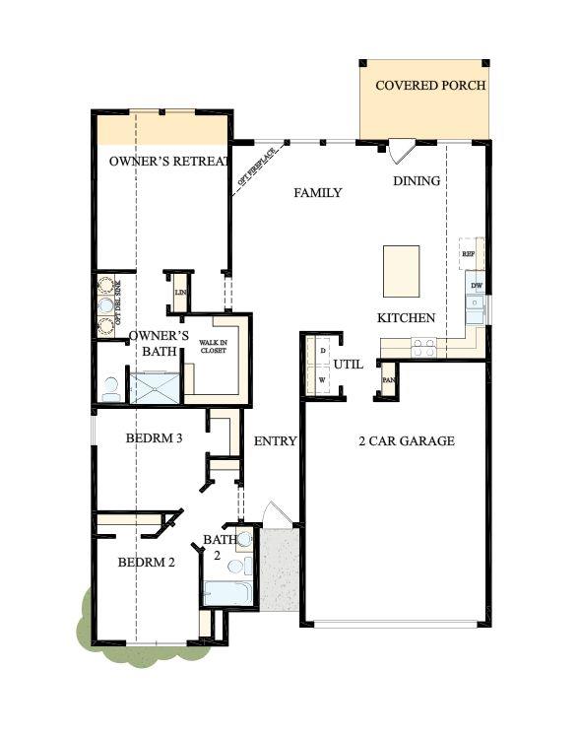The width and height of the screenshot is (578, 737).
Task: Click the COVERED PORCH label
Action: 430,86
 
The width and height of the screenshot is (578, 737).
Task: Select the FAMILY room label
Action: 318,193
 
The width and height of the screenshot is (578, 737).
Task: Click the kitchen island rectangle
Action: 401,270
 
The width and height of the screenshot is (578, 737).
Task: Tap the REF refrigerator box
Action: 469,253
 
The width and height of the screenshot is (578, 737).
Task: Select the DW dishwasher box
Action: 476,286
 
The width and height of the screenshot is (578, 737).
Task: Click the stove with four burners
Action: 423,347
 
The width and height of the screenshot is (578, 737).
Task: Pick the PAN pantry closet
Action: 388,379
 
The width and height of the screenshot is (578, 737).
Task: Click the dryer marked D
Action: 322,350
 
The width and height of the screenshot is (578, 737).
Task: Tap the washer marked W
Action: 322,379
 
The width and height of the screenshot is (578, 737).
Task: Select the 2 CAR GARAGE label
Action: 406,441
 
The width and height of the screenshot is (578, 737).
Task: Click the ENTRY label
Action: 275,441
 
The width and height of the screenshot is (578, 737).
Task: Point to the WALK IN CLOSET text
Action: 214,346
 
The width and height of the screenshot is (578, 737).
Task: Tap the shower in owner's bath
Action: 155,386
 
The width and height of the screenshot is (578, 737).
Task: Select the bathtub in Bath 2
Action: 226,593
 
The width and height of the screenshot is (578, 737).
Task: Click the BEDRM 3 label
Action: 155,438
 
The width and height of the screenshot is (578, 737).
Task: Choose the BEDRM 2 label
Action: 147,563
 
